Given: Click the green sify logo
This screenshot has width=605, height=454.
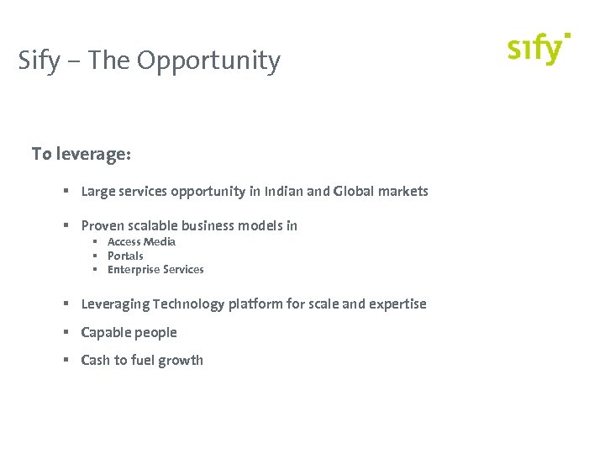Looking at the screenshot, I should pos(538,50).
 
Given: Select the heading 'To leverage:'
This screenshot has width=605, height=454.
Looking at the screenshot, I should pos(81,154).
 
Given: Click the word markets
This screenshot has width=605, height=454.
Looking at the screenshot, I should pos(403,191).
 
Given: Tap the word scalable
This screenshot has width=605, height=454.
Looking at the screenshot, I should pos(156,225).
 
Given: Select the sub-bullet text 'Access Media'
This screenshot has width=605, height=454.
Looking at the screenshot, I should pos(141,242).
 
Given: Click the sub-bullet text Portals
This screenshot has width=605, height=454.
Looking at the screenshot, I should pos(125,256).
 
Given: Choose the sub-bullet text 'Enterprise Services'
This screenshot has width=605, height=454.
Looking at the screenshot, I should pos(155,270).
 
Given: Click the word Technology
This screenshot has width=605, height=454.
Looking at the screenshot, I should pos(188,304).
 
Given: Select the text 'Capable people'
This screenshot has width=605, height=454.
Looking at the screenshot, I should pos(129,332).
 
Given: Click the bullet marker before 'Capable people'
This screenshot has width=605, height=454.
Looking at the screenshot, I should pos(65,332).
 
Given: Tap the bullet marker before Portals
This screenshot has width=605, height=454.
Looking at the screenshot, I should pos(96,256).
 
